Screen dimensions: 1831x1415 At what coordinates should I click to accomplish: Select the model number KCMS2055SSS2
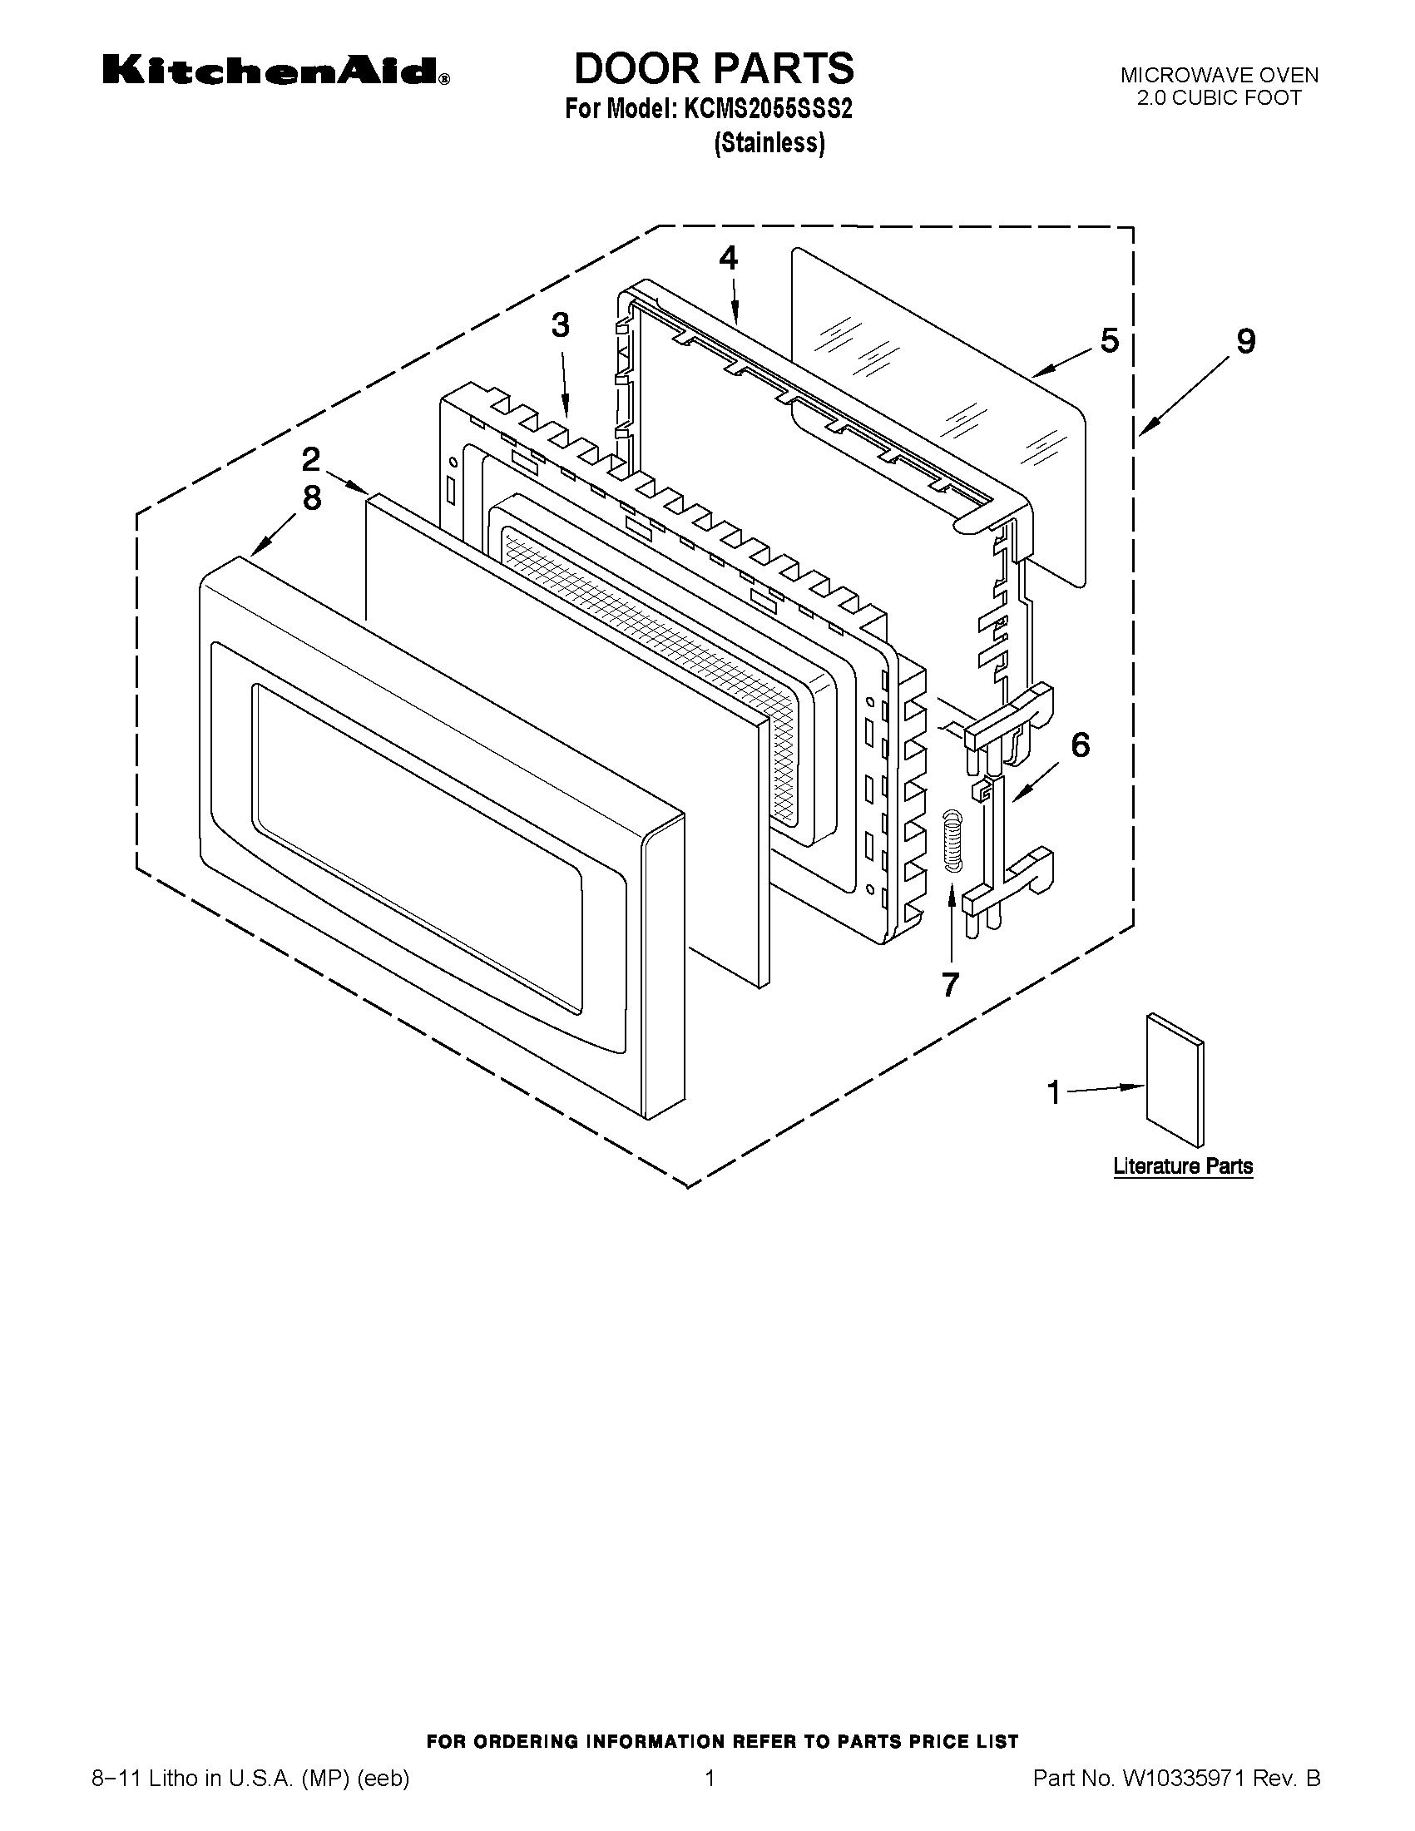point(768,110)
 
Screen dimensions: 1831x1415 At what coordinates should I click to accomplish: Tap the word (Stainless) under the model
point(769,143)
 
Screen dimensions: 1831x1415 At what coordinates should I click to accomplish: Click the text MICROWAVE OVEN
point(1220,76)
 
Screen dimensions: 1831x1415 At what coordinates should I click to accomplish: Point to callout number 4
point(729,258)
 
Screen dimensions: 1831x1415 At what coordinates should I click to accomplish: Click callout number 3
point(560,325)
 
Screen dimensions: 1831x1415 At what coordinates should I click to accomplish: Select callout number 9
point(1245,341)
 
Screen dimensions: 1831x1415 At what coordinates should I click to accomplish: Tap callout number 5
point(1109,340)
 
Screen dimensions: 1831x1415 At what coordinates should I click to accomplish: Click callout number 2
point(311,458)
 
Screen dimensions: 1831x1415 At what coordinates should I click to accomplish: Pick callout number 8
point(311,498)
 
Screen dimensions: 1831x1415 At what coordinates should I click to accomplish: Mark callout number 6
point(1081,745)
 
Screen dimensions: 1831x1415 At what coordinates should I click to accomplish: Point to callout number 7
point(950,984)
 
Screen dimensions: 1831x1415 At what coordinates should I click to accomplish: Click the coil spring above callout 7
point(951,842)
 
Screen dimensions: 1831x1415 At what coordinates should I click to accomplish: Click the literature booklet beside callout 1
point(1175,1080)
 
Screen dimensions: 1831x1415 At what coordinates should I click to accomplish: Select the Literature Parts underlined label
point(1183,1166)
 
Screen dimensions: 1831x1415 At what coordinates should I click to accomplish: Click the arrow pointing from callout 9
point(1186,395)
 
